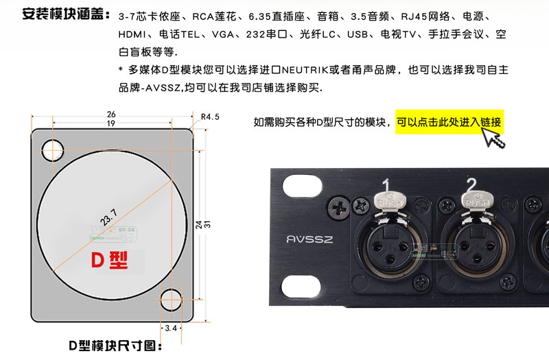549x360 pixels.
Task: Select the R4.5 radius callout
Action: click(210, 117)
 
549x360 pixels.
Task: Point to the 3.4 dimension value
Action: click(171, 329)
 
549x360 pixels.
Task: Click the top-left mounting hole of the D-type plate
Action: click(52, 149)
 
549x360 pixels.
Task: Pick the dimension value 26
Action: click(110, 114)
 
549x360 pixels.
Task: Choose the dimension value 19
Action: click(110, 123)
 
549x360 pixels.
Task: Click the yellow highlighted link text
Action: click(449, 123)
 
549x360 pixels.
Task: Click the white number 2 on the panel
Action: click(471, 184)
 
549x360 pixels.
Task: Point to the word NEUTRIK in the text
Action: click(318, 70)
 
